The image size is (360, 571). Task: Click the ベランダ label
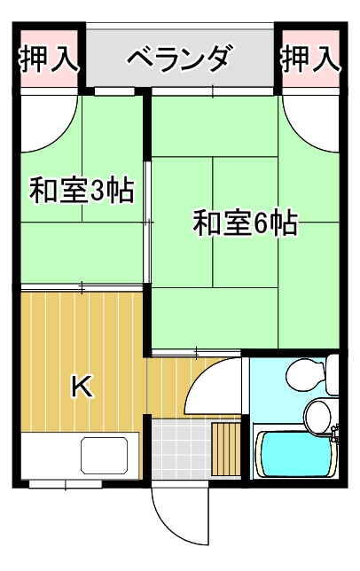pyautogui.click(x=179, y=59)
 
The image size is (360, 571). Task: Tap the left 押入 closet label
pyautogui.click(x=49, y=59)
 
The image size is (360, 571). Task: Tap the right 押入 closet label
pyautogui.click(x=310, y=59)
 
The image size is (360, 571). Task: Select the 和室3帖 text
pyautogui.click(x=82, y=191)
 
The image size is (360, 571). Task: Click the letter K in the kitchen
pyautogui.click(x=82, y=386)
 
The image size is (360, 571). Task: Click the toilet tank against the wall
pyautogui.click(x=333, y=374)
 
